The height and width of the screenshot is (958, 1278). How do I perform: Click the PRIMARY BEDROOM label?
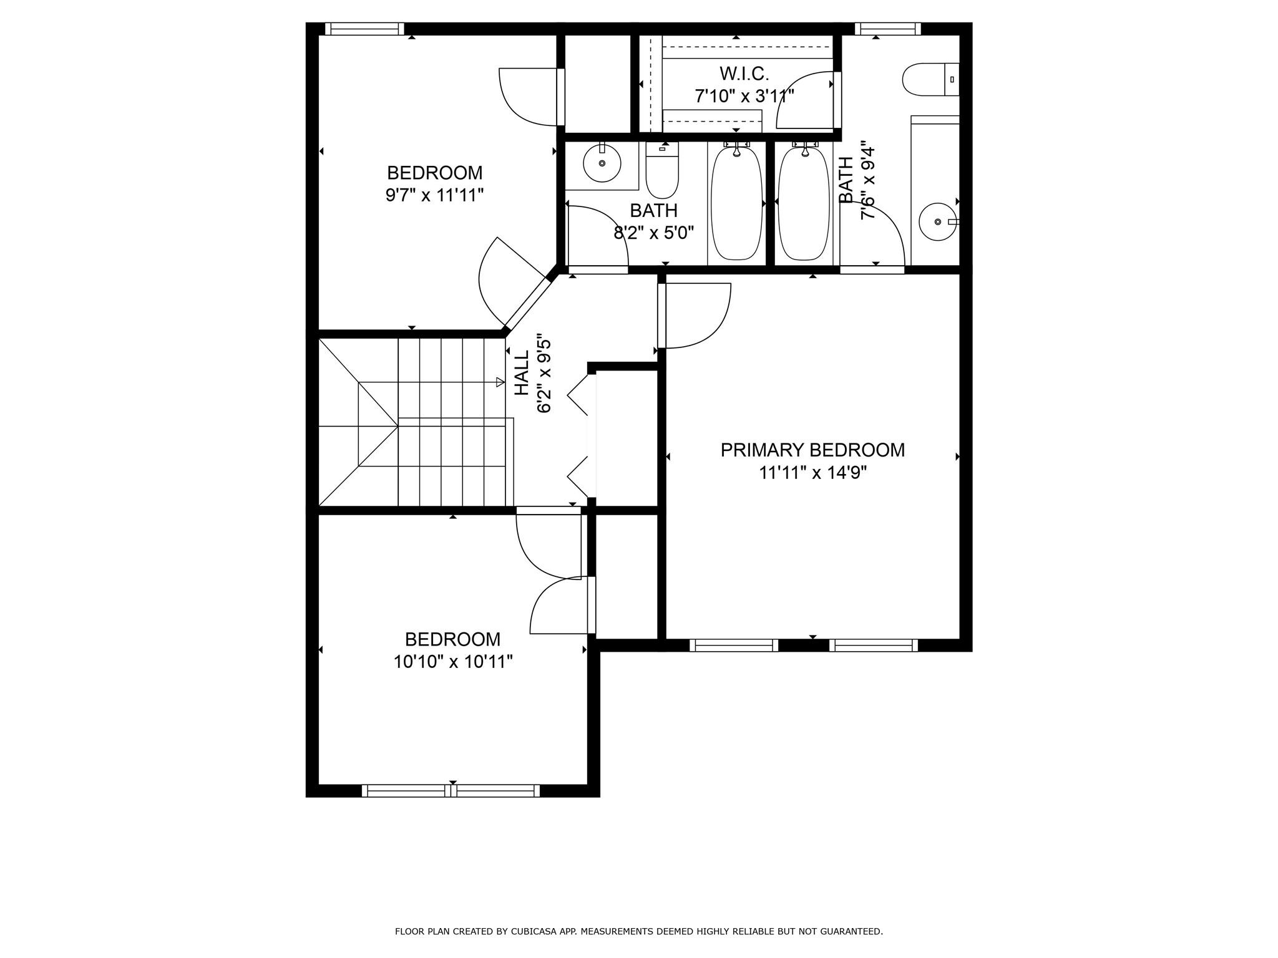812,450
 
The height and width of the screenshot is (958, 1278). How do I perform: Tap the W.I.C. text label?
744,74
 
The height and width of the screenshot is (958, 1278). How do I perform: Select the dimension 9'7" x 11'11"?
434,195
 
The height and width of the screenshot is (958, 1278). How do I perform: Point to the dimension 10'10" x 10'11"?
452,661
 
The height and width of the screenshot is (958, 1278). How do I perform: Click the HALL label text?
522,372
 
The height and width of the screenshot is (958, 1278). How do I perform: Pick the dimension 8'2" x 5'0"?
653,233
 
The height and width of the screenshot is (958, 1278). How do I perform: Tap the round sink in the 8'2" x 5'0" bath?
602,163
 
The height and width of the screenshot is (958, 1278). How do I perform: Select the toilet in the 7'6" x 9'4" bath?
930,79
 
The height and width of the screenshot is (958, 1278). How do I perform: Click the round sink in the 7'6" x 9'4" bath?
937,221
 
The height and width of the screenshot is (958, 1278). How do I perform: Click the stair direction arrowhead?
500,382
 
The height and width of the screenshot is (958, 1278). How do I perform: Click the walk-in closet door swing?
805,100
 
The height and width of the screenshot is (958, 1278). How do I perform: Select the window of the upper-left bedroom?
364,29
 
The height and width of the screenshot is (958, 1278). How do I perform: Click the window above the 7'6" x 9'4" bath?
887,29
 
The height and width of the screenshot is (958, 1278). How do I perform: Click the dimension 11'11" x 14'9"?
812,473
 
